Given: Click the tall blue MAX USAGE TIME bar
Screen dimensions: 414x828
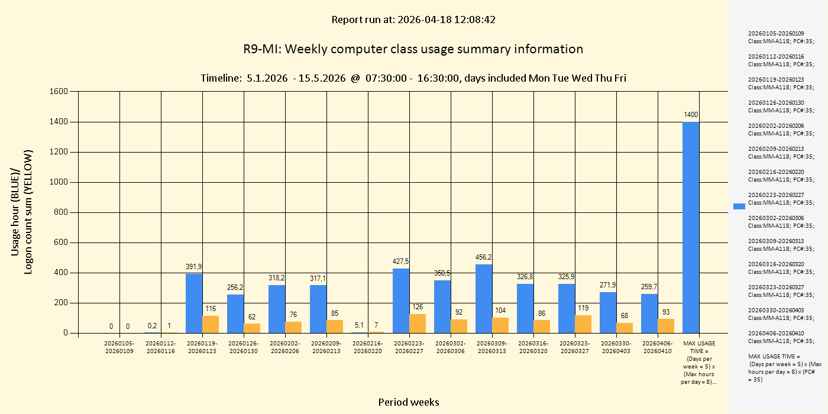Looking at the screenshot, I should click(x=691, y=228).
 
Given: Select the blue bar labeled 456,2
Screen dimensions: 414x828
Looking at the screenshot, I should click(x=484, y=299).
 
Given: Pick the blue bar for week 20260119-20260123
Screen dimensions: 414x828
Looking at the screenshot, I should click(x=194, y=303).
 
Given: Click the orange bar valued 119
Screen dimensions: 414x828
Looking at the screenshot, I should click(x=583, y=324).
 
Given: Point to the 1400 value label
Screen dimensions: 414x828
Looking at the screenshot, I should click(x=691, y=114).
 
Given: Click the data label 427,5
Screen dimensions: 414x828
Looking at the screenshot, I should click(x=401, y=261).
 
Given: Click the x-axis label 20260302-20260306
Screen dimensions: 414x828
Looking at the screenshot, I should click(x=451, y=347).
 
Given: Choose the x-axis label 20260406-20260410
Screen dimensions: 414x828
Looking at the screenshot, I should click(x=658, y=347).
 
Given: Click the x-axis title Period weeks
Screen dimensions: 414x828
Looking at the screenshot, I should click(x=409, y=402).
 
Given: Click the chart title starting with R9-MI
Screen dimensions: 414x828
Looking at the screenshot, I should click(x=413, y=49).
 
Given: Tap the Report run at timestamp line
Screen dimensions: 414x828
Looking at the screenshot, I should click(x=413, y=20).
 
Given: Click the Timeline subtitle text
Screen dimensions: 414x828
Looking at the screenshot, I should click(x=413, y=78).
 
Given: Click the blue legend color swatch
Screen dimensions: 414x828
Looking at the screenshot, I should click(x=739, y=206).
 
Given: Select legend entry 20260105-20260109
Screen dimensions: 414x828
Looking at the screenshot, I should click(x=780, y=37).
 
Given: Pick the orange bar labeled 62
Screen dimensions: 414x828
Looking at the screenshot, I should click(x=252, y=328).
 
